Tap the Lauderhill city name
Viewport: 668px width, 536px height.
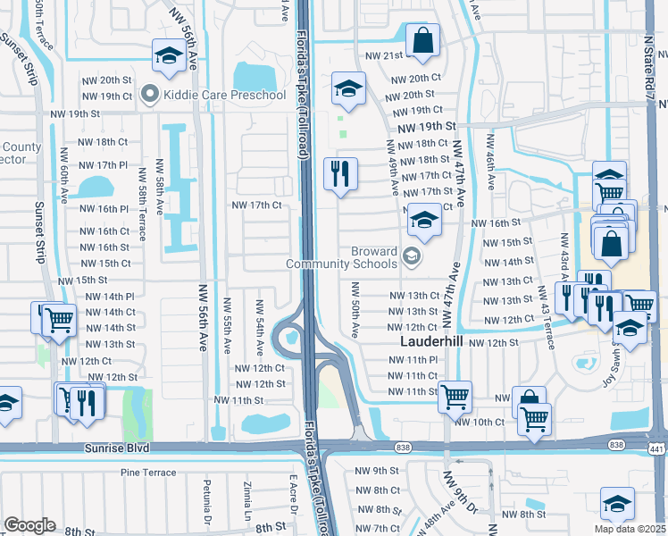pyautogui.click(x=427, y=343)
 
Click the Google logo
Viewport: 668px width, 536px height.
pyautogui.click(x=29, y=525)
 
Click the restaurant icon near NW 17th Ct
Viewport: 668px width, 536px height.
pyautogui.click(x=340, y=173)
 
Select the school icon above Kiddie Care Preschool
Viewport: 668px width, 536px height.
pyautogui.click(x=167, y=56)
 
